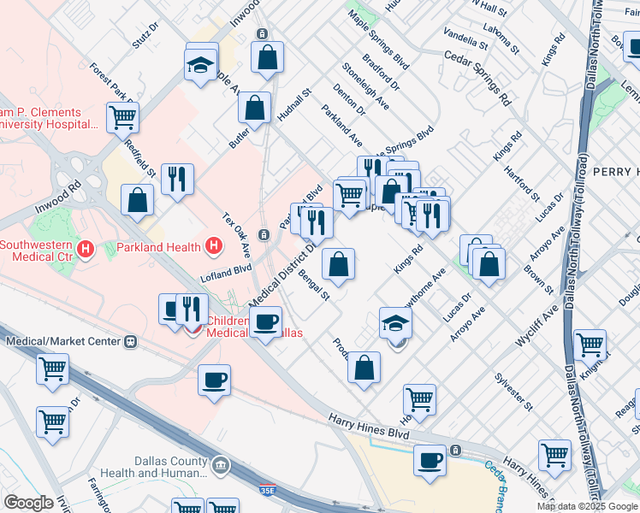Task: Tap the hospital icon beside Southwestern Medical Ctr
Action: click(85, 250)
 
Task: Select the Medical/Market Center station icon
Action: click(131, 341)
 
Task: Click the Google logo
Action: click(28, 503)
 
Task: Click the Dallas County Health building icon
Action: click(221, 466)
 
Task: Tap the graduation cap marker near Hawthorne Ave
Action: click(395, 323)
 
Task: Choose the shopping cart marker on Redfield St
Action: click(123, 117)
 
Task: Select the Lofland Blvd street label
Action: click(226, 273)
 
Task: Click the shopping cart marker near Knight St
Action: click(590, 345)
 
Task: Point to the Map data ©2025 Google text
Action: click(587, 506)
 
